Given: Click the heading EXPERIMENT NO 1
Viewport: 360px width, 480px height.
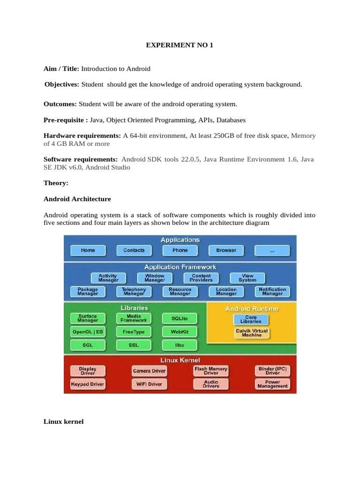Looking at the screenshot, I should tap(180, 46).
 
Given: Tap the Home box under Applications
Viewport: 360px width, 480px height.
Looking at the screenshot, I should tap(88, 250).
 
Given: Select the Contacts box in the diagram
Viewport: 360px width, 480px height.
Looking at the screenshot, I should tap(134, 250).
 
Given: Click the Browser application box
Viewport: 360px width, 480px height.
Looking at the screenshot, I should tap(226, 250).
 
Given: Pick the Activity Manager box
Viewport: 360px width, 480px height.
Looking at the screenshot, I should tap(108, 278).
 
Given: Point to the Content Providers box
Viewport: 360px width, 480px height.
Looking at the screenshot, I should tap(201, 278).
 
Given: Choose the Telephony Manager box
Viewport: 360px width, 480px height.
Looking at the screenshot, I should tap(134, 292).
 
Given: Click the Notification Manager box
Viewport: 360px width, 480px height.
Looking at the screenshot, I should tap(272, 292).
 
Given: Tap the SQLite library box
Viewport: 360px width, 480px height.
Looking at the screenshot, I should tap(180, 319).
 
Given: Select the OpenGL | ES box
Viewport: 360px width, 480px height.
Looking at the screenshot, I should tap(88, 332).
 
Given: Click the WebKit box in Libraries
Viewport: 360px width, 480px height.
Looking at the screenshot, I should tap(180, 332).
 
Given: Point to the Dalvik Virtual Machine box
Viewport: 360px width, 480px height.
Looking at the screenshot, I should tap(252, 333).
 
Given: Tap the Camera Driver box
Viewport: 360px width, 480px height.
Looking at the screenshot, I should tap(149, 371).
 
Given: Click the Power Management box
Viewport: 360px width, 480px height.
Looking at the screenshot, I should tap(272, 384).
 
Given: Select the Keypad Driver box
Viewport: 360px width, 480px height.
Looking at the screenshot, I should tap(88, 384).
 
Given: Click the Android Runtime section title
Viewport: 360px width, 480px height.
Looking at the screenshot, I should tap(252, 308).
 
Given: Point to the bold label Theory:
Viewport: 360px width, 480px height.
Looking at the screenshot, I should tap(56, 183).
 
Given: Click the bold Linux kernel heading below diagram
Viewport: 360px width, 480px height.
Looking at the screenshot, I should tap(63, 422).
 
